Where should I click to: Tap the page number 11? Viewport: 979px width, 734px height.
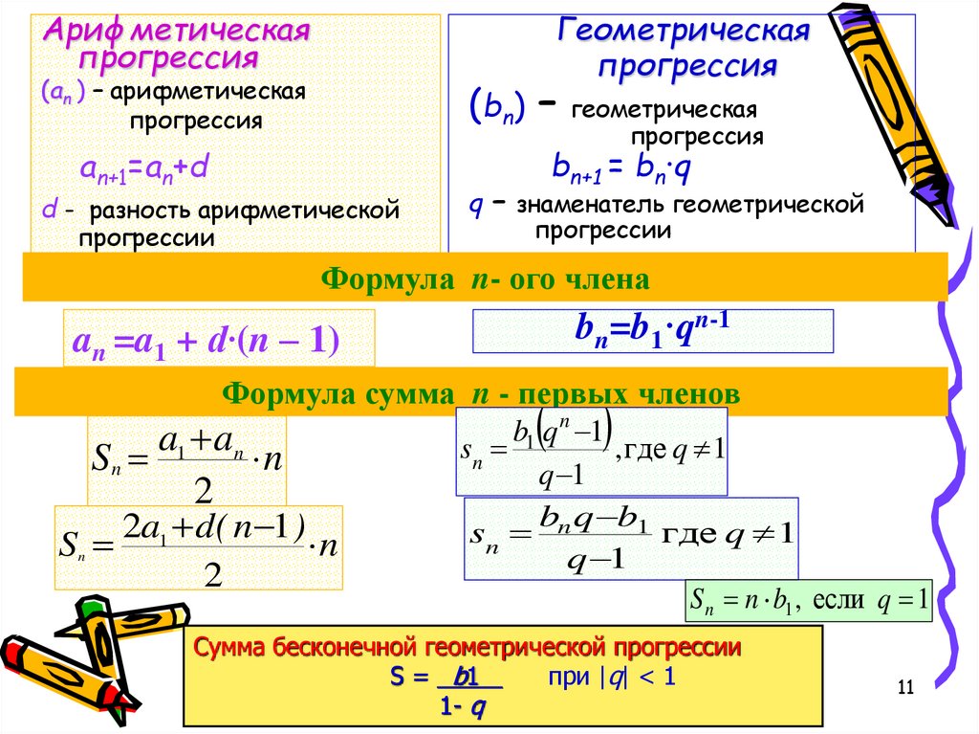tap(906, 687)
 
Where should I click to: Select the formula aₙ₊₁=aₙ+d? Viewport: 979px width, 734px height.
tap(143, 169)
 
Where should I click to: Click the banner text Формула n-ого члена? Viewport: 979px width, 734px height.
tap(486, 278)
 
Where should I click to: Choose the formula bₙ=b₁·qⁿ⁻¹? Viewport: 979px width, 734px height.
tap(652, 331)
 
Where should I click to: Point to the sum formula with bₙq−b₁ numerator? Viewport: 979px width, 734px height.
tap(631, 538)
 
